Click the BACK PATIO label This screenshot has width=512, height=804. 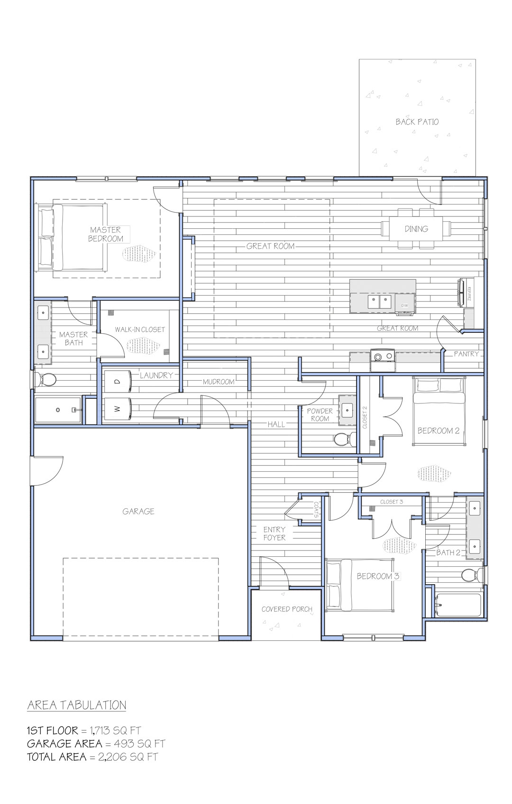point(417,122)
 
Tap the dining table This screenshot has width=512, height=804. point(416,229)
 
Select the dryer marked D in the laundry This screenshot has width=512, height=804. point(118,382)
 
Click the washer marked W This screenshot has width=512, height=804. point(118,409)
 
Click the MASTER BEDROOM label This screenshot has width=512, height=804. point(106,234)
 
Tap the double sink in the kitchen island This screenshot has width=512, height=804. point(379,300)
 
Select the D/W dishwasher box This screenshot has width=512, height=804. point(404,305)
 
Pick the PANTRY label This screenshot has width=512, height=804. point(466,354)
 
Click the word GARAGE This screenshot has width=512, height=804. point(138,512)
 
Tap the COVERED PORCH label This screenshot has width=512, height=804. point(287,609)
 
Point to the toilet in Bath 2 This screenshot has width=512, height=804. point(472,575)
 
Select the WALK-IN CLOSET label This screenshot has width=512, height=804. point(140,329)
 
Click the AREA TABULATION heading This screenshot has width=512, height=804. point(77,706)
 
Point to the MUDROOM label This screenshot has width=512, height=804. point(219,382)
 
